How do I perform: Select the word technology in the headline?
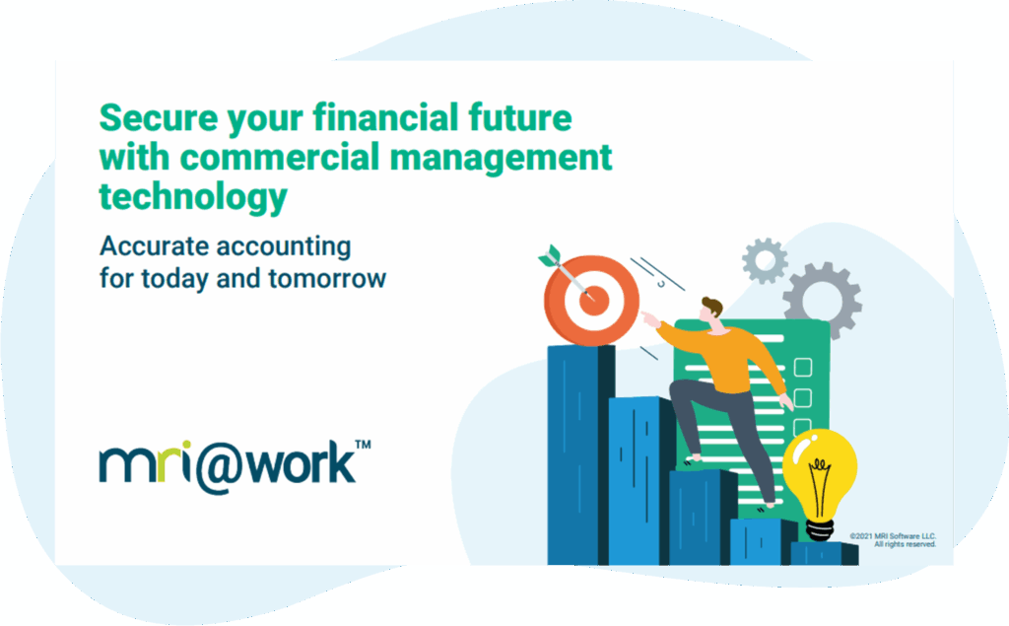193,196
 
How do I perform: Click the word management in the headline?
501,159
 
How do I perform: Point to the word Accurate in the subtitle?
154,246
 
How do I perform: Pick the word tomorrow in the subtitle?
327,279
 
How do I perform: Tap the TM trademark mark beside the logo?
363,445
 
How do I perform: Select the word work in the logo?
301,462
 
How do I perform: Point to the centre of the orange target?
593,300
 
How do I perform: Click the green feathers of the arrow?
550,255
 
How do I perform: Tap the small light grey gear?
765,261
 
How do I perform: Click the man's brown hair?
713,306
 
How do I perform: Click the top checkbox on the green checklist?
802,367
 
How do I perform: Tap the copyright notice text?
893,540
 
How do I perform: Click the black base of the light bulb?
820,530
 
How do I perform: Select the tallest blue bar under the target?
580,454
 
